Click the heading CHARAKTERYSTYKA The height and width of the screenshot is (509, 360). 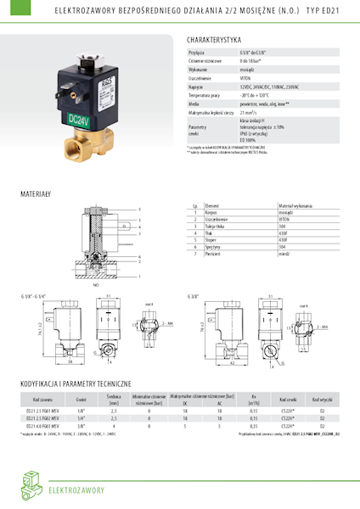[214, 39]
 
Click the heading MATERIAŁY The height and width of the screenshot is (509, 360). [37, 193]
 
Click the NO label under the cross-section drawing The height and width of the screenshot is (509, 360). [96, 285]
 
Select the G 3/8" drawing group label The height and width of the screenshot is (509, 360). [194, 296]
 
